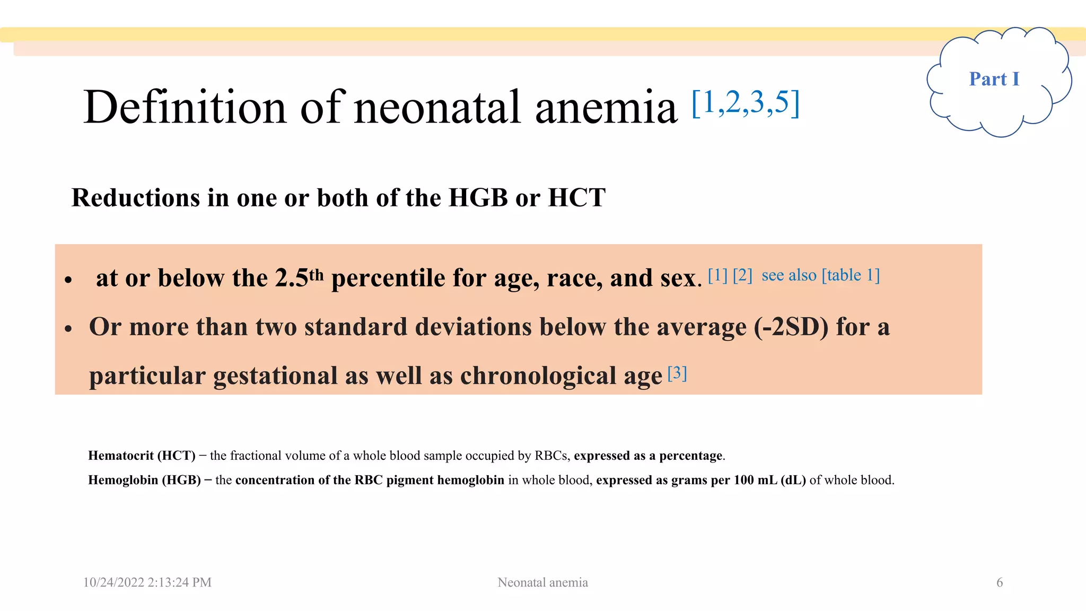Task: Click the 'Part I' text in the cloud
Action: [994, 79]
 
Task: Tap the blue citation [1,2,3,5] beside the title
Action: [746, 103]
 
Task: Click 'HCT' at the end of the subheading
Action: [576, 198]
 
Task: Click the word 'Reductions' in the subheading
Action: [135, 198]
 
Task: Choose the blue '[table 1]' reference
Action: [851, 275]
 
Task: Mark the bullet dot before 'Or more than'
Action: [68, 329]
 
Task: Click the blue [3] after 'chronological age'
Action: [677, 373]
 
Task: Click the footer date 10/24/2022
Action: [113, 582]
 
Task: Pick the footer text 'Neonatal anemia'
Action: [542, 582]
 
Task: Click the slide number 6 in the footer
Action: [1000, 582]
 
